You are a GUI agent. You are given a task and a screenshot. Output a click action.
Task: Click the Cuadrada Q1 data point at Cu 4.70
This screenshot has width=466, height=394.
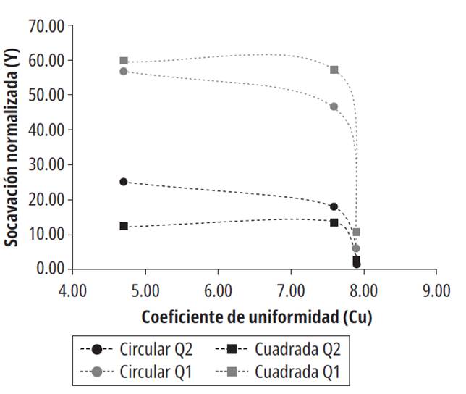(124, 61)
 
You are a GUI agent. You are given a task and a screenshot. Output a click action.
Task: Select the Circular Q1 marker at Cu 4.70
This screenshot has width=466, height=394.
(124, 71)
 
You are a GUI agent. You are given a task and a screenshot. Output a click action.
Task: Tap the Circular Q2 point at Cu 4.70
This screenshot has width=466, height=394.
(124, 182)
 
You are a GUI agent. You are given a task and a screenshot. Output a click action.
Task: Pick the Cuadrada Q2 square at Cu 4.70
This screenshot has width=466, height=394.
(124, 226)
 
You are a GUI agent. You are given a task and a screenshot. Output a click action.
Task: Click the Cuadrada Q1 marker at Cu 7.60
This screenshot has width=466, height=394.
(334, 70)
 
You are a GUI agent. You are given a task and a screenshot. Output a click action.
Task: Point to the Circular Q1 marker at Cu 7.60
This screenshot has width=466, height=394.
(334, 106)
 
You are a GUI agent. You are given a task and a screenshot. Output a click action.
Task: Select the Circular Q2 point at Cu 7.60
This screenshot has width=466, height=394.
(334, 206)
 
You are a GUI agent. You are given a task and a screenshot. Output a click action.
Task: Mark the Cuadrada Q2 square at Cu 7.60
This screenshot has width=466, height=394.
(334, 222)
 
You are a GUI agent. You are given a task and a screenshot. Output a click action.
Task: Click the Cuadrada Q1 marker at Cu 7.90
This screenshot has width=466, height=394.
(356, 232)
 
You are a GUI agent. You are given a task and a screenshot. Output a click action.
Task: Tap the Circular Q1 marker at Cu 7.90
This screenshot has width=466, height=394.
(356, 248)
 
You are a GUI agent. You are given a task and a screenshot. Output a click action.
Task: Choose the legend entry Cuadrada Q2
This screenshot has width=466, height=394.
(277, 348)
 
